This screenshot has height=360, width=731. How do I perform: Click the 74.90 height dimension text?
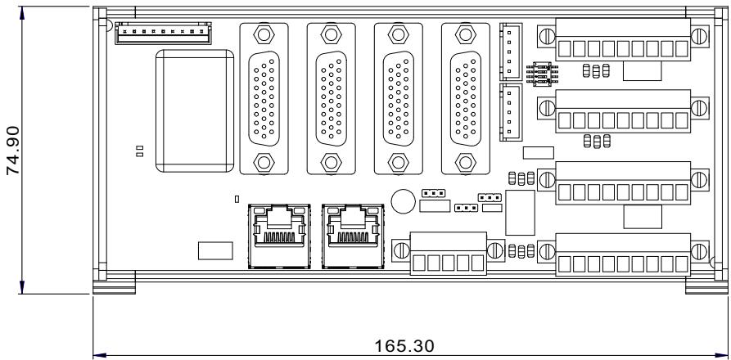click(x=12, y=150)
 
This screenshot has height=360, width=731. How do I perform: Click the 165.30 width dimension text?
click(x=404, y=346)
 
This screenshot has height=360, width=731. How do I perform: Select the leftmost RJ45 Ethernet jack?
click(x=279, y=236)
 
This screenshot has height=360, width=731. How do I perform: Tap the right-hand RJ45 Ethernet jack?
click(x=353, y=236)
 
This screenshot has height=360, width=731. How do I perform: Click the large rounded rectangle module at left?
click(x=194, y=110)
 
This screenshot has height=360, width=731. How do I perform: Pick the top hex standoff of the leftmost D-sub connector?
click(x=264, y=34)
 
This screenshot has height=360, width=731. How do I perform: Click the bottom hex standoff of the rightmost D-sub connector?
click(x=465, y=162)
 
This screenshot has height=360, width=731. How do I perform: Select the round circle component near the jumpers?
click(x=403, y=201)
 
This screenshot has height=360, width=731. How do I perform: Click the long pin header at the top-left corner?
click(x=163, y=33)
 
